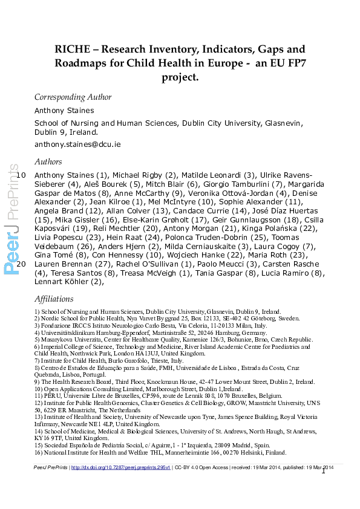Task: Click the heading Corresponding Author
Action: (73, 97)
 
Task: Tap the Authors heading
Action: (48, 161)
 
